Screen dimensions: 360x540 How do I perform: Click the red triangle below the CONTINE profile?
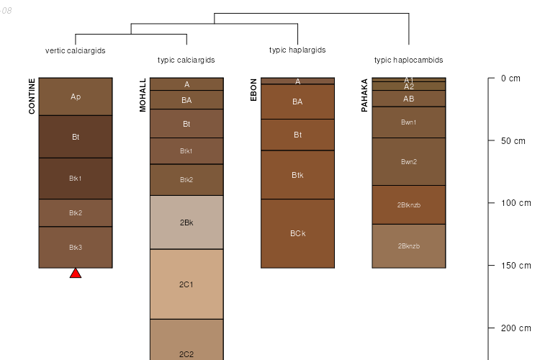[76, 273]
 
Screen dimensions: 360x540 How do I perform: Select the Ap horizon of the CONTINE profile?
[76, 96]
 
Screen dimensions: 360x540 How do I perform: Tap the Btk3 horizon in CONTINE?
[76, 247]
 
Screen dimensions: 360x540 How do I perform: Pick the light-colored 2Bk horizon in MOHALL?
[186, 222]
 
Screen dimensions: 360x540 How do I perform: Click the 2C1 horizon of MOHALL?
[186, 284]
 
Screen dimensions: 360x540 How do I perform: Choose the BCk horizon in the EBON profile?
[297, 233]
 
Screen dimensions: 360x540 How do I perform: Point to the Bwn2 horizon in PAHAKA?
[408, 161]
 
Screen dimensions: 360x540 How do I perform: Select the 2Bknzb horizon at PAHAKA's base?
[408, 246]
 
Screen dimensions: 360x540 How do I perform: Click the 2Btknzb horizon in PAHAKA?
[408, 204]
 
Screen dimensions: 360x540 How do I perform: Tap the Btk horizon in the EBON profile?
[297, 175]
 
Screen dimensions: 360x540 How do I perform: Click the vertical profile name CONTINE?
[32, 96]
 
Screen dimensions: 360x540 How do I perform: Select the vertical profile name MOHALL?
[143, 95]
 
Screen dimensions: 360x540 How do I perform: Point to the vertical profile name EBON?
[253, 89]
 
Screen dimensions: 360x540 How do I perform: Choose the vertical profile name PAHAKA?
[364, 95]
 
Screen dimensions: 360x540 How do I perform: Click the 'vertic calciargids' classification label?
[76, 50]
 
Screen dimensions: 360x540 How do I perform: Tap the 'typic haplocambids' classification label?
[408, 60]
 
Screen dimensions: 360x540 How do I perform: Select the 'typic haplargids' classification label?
[297, 50]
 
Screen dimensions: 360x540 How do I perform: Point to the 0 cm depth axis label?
[510, 78]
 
